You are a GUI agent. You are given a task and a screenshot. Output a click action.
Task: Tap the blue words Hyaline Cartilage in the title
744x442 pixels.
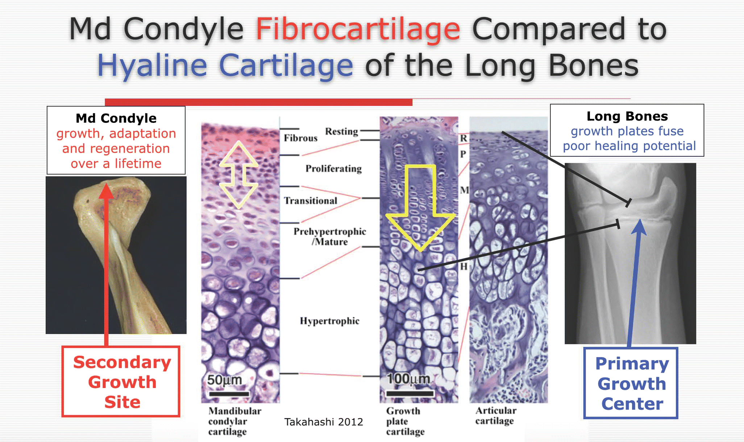point(225,65)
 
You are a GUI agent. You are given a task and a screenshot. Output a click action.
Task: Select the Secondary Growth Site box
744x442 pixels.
point(121,381)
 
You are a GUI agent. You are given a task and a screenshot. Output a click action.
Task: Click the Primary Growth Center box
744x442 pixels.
point(631,383)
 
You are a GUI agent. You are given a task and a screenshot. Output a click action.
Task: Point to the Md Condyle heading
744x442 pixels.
point(116,118)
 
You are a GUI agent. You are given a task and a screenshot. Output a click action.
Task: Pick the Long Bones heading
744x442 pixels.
point(627,116)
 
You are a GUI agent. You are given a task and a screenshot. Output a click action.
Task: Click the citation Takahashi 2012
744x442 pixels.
point(324,422)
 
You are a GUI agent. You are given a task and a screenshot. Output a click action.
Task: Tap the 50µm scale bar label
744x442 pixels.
point(225,380)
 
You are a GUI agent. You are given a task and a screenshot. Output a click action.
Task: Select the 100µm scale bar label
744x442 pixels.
point(408,379)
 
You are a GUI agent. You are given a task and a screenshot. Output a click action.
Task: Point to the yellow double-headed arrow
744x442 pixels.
point(238,175)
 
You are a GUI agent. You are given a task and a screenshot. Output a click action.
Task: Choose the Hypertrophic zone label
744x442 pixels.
point(329,321)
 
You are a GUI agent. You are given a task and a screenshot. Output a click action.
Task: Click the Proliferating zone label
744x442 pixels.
point(333,169)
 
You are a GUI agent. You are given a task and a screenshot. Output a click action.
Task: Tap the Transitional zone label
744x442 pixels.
point(310,201)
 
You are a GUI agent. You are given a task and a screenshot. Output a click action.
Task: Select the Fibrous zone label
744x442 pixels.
point(300,138)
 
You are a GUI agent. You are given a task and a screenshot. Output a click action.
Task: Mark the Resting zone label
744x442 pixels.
point(341,131)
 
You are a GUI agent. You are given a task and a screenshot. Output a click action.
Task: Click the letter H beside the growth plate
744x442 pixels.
point(464,267)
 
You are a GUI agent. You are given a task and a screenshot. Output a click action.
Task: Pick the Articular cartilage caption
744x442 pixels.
point(496,416)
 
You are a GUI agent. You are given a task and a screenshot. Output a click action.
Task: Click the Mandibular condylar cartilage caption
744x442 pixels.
point(234,421)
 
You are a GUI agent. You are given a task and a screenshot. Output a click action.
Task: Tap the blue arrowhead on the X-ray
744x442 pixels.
point(640,227)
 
